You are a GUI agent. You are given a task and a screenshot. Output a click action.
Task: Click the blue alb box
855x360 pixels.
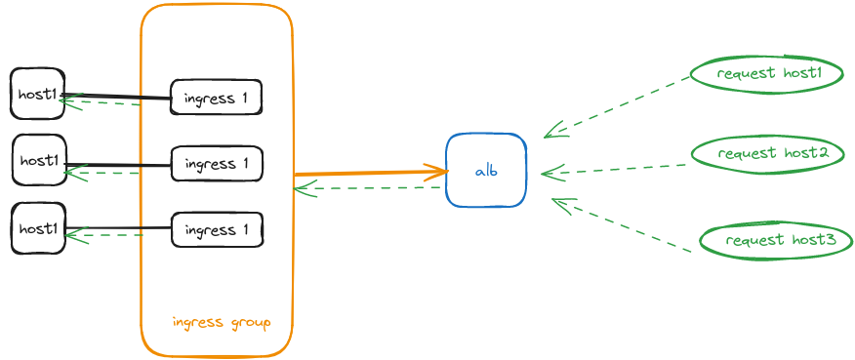coord(486,171)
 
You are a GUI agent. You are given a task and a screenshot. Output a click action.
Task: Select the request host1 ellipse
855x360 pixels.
coord(766,74)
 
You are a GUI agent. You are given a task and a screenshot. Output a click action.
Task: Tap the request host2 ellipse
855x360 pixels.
coord(767,153)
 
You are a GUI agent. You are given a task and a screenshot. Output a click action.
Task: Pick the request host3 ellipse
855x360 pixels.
coord(776,240)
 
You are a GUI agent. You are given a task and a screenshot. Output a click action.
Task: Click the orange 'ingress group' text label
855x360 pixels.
coord(221,322)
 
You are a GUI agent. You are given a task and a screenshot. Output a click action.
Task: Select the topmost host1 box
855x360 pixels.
coord(38,95)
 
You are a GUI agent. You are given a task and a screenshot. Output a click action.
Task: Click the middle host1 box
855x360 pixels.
coord(39,160)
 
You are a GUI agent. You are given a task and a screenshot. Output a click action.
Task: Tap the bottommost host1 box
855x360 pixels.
coord(38,228)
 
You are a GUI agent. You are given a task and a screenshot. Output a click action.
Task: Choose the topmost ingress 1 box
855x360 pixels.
coord(217,98)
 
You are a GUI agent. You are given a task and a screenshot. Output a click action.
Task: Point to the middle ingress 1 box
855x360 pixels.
coord(217,163)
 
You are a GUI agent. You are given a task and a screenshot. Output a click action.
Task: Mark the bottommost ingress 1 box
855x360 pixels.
coord(217,230)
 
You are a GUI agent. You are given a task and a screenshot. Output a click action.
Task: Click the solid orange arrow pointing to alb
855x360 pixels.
coord(371,174)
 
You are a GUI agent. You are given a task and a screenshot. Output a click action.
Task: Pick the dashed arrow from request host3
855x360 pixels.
coord(621,226)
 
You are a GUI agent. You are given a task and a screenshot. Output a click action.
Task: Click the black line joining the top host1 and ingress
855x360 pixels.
coord(117,97)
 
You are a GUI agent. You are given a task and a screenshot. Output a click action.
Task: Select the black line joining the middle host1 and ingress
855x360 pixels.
coord(117,165)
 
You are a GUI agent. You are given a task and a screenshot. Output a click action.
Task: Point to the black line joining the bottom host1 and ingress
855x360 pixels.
coord(117,228)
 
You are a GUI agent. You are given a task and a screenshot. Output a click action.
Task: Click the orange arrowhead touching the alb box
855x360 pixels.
coord(441,172)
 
